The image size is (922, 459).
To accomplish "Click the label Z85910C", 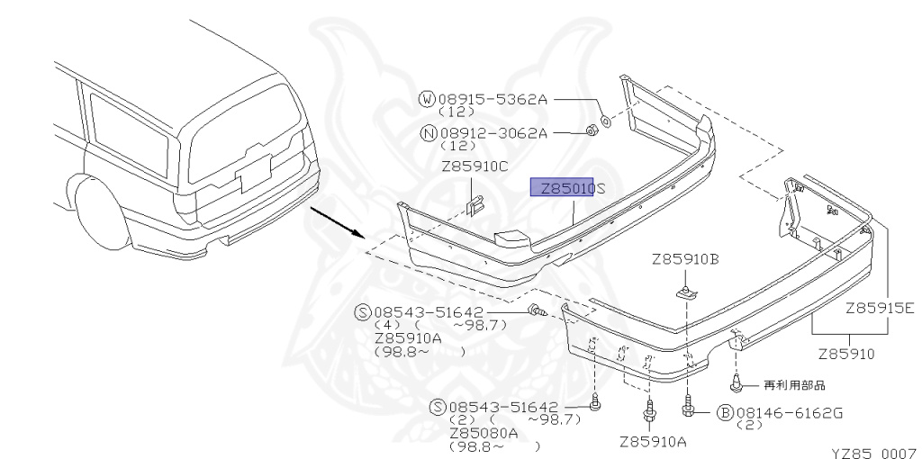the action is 475,166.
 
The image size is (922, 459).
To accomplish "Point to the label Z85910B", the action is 685,260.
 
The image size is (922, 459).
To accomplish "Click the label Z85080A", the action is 484,432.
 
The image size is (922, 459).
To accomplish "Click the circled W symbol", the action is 429,100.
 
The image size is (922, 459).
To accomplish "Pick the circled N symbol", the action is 429,133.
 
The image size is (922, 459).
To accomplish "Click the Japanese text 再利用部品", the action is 794,384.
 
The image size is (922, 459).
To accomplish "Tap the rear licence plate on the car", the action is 254,172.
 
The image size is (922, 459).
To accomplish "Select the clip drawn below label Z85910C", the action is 475,204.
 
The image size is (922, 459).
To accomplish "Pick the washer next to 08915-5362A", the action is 605,119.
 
